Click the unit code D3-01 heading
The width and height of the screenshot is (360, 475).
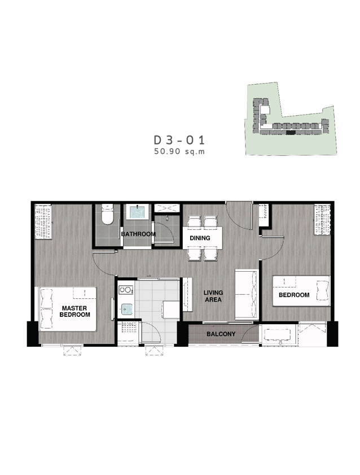pos(179,140)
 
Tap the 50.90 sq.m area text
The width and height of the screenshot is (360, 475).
pos(179,151)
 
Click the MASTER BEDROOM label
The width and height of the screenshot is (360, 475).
pos(74,311)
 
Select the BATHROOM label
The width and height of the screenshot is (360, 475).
pos(138,234)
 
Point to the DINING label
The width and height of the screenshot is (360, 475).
pos(200,238)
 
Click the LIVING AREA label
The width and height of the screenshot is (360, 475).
pos(213,296)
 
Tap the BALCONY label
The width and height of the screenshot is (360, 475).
pos(221,334)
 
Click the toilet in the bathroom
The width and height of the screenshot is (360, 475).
pos(107,214)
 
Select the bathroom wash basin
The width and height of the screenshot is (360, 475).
pos(137,212)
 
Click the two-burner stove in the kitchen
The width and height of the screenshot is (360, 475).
pos(125,290)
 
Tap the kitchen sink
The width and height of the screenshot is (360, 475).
pos(126,310)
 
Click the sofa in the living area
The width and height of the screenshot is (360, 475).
pos(247,294)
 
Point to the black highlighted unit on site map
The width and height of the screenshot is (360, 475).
pos(290,132)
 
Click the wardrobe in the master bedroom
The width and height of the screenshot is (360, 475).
pos(43,222)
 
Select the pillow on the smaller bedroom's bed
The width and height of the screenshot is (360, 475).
pos(323,290)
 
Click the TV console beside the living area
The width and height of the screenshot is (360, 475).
pos(187,294)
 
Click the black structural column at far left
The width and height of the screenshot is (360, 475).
pos(32,334)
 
